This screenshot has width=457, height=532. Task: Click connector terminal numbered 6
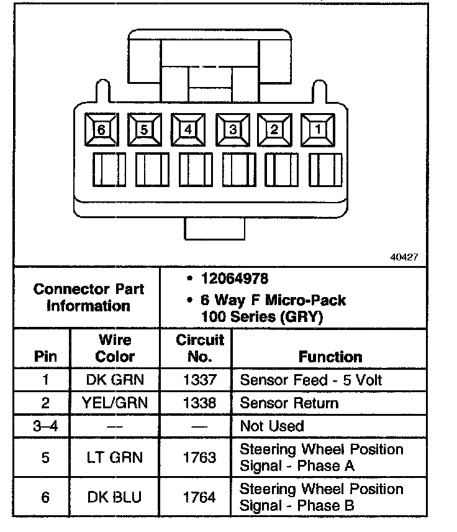pos(101,129)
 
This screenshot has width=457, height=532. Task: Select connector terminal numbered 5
pos(144,129)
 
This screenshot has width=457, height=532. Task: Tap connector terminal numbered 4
pos(188,129)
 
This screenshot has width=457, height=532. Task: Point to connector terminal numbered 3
pos(232,129)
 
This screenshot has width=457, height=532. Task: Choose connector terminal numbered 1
pos(317,129)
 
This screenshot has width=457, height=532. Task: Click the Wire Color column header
pos(115,348)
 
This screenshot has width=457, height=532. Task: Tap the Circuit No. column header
pos(199,348)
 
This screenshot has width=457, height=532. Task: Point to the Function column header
pos(330,357)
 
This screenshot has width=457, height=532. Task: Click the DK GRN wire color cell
pos(115,380)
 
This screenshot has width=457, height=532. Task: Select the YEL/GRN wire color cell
pos(115,403)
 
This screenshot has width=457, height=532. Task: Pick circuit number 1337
pos(199,380)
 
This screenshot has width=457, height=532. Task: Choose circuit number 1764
pos(199,497)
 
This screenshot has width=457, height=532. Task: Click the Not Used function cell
pos(271,426)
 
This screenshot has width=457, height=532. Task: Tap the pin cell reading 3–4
pos(45,426)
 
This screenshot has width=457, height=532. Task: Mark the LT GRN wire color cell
pos(115,457)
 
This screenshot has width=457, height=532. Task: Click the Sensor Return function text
pos(289,403)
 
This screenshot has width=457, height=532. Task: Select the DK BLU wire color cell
pos(115,497)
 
